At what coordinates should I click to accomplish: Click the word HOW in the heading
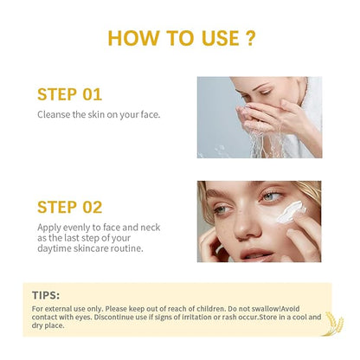click(x=133, y=38)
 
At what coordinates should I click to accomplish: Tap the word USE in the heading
click(x=221, y=38)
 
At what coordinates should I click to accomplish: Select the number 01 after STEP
click(x=93, y=94)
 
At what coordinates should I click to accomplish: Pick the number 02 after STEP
click(x=93, y=207)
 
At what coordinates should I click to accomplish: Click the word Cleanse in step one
click(x=54, y=114)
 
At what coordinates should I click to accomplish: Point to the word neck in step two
click(x=150, y=228)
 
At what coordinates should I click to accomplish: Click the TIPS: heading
click(x=46, y=295)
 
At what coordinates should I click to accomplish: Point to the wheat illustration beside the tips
click(x=334, y=323)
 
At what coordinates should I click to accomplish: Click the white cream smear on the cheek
click(x=291, y=212)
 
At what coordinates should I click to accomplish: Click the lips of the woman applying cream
click(x=257, y=255)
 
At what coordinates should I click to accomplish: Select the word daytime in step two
click(x=55, y=248)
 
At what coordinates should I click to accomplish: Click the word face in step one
click(x=150, y=114)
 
